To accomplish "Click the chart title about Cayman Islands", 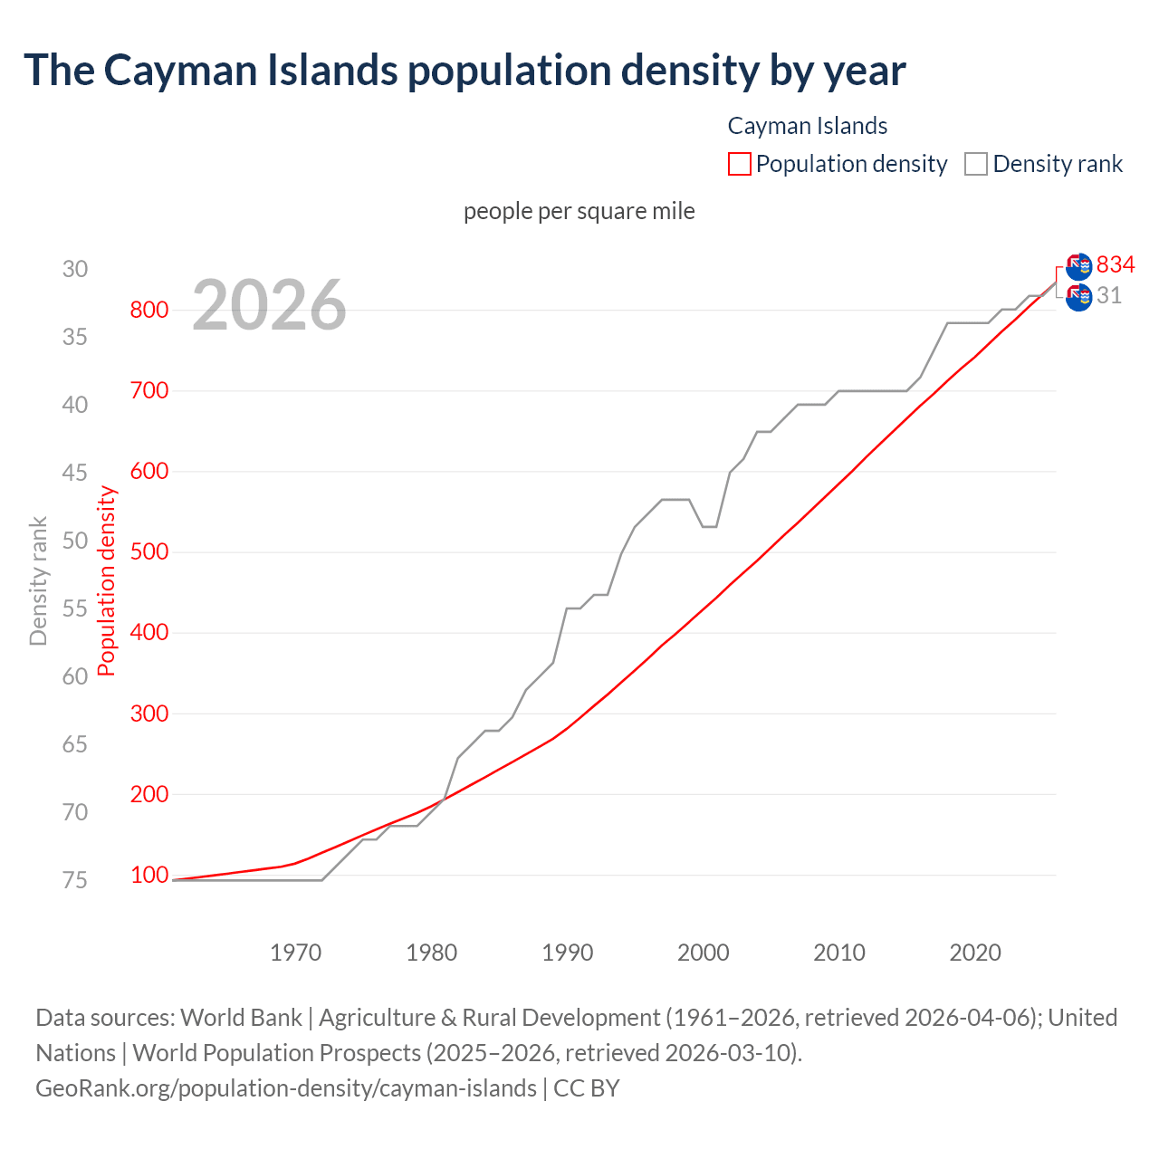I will click(x=465, y=71).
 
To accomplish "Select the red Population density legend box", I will click(x=739, y=164).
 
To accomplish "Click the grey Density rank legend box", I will click(x=975, y=164).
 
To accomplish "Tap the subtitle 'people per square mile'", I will click(x=579, y=211).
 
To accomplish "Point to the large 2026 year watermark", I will click(x=269, y=305).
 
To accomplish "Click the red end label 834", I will click(x=1116, y=264).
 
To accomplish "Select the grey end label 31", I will click(x=1109, y=295).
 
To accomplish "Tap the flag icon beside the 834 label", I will click(x=1078, y=266).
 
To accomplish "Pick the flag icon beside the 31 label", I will click(x=1078, y=297).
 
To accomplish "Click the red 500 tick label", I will click(x=149, y=551).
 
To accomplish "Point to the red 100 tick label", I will click(x=149, y=875).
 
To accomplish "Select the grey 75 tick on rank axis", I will click(x=75, y=880).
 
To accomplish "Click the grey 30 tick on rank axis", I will click(x=75, y=269).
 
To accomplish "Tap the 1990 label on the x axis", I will click(x=568, y=953).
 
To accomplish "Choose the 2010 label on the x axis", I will click(x=839, y=953).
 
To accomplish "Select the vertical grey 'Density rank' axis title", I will click(x=38, y=581).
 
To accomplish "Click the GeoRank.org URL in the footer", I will click(x=286, y=1088).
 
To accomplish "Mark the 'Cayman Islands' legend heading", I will click(x=808, y=126).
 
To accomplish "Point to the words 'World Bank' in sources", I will click(x=241, y=1018).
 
